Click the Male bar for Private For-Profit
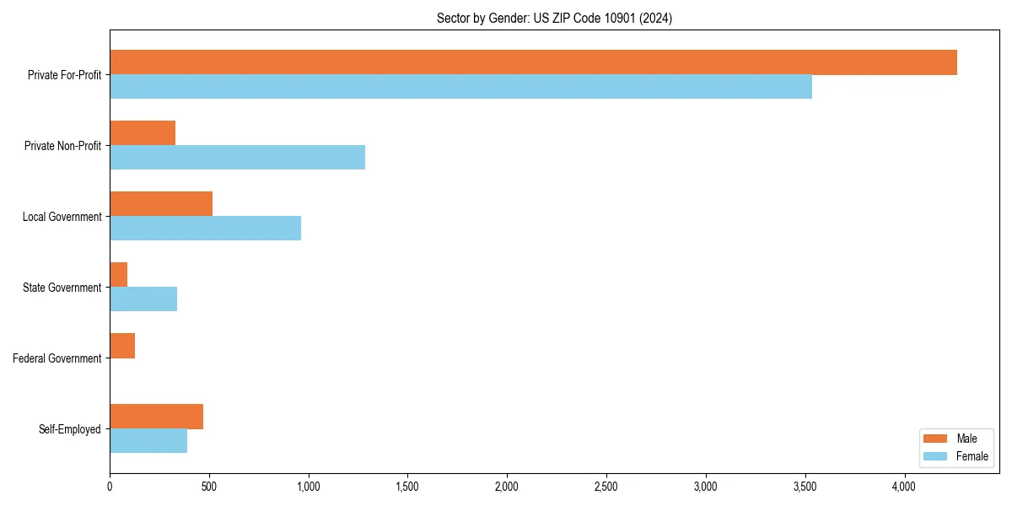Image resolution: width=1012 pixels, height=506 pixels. (x=533, y=62)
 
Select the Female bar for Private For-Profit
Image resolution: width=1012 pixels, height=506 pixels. (x=460, y=87)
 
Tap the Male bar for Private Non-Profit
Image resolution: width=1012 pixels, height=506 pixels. (x=143, y=133)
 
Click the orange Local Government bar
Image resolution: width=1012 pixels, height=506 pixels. (x=161, y=204)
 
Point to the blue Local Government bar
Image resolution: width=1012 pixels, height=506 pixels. (x=205, y=229)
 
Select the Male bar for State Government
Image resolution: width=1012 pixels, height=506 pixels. (x=119, y=275)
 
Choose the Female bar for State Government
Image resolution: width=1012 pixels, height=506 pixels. (x=143, y=299)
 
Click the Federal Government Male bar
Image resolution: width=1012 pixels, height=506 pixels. (x=122, y=346)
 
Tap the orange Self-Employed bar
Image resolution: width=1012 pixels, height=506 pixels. (x=156, y=417)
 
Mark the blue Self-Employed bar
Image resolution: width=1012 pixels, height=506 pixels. (x=148, y=441)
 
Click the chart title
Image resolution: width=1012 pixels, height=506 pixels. (x=554, y=18)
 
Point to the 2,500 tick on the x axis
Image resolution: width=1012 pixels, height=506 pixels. (x=606, y=487)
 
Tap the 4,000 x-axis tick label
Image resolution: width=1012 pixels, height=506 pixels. (x=904, y=487)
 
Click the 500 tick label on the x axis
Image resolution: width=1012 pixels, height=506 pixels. (x=209, y=487)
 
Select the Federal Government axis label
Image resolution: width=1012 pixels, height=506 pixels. (x=57, y=358)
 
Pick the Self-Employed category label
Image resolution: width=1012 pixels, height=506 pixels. (x=70, y=429)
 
